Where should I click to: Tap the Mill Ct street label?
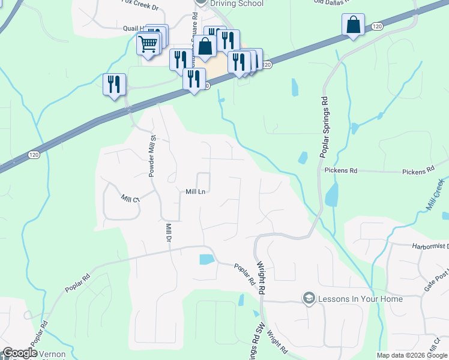tap(130, 199)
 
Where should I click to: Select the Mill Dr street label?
tap(169, 233)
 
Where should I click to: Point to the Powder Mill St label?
tap(152, 156)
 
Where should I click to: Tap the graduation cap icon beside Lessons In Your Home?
tap(309, 298)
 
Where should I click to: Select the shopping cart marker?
tap(148, 43)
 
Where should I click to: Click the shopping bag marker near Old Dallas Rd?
tap(353, 26)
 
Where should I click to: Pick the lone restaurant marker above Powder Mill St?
tap(114, 84)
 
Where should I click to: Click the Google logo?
tap(19, 353)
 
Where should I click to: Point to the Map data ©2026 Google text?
tap(412, 355)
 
